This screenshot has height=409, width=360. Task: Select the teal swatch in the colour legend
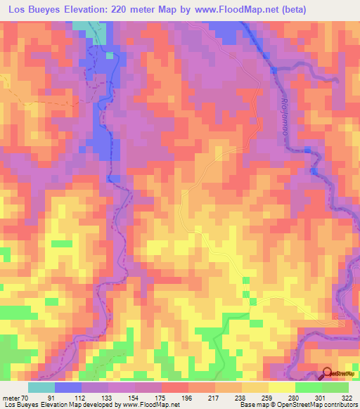pos(41,388)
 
